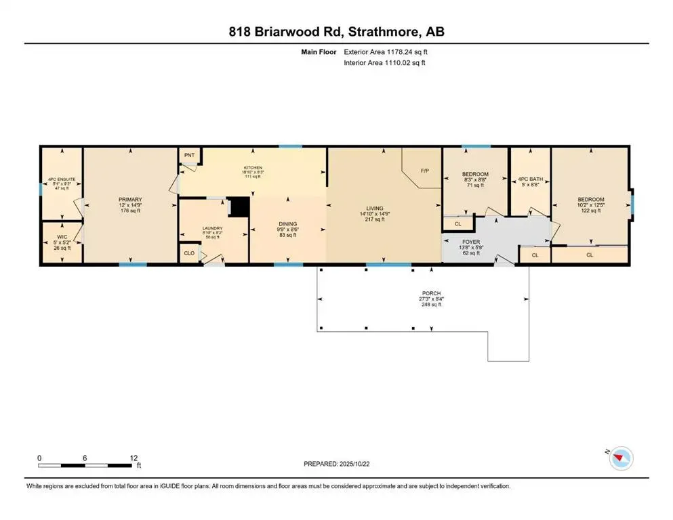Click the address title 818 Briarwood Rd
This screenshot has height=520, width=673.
336,31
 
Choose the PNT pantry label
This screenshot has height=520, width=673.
190,155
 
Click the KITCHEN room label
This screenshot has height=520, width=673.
253,167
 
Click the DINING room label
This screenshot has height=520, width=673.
289,223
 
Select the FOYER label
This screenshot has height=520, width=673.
471,240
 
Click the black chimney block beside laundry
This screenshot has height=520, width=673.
239,206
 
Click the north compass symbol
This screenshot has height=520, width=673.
620,459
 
